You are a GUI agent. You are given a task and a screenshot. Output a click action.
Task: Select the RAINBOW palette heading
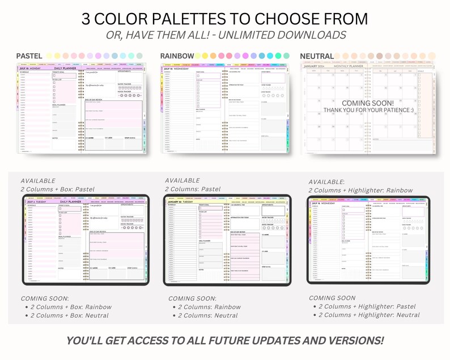click(x=177, y=56)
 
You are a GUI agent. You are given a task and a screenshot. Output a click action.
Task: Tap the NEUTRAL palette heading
click(x=317, y=56)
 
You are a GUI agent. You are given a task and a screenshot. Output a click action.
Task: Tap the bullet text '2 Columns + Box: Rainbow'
click(x=71, y=307)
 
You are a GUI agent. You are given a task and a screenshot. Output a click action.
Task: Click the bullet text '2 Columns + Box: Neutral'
click(x=70, y=315)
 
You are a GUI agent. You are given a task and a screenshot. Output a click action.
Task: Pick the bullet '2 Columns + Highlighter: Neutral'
click(x=369, y=315)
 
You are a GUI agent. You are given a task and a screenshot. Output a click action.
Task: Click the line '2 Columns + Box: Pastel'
click(x=57, y=189)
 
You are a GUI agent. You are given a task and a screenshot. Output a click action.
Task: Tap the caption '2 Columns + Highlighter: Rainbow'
click(x=360, y=190)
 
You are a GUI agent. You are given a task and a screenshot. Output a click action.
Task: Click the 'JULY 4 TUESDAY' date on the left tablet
click(x=35, y=201)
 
